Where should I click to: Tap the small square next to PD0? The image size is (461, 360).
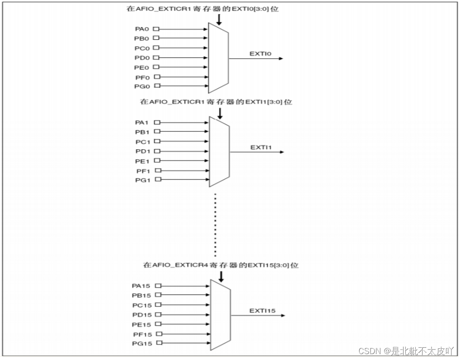156,57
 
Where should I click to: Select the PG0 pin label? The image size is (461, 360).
141,86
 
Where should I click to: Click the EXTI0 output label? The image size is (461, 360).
260,54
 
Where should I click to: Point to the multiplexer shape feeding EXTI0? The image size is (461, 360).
218,58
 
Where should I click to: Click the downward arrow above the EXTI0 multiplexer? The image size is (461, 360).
219,19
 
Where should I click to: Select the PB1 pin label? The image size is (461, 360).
141,132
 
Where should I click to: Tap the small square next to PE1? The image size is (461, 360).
157,161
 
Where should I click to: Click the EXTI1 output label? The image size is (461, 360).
261,147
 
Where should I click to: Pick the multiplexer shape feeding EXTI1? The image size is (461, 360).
219,151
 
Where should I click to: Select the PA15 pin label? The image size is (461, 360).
141,286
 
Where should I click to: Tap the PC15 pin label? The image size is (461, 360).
141,305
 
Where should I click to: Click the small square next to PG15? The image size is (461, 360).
159,343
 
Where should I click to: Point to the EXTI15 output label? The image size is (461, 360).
262,311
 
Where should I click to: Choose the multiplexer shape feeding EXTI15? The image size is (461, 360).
221,314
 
